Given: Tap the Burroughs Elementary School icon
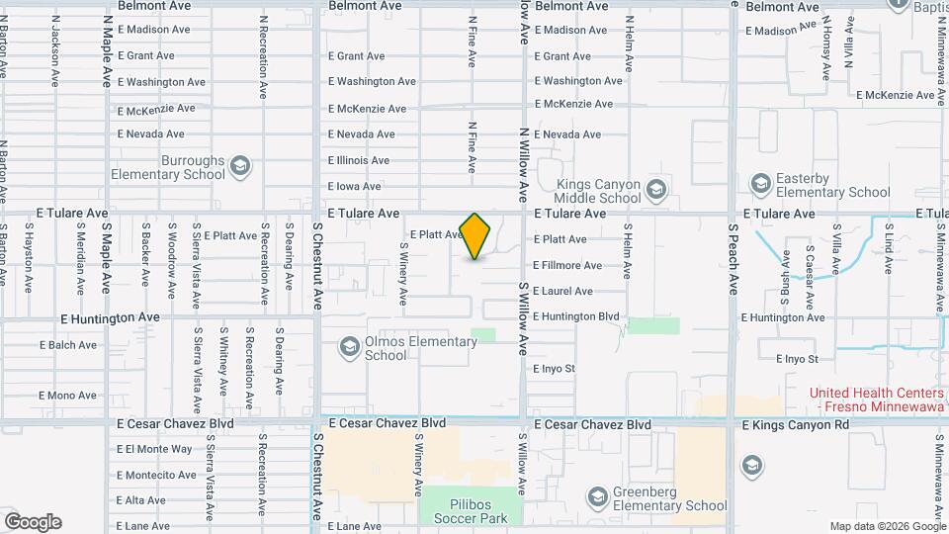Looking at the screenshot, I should (240, 165).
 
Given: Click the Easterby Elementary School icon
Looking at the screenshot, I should (760, 183).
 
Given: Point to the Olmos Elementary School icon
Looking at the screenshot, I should (349, 347).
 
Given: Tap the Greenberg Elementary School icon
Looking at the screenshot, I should (596, 496).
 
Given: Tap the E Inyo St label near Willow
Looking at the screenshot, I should (554, 369).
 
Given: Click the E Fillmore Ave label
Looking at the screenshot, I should (566, 265).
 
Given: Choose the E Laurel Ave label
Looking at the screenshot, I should (562, 291).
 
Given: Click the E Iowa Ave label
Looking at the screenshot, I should (354, 186).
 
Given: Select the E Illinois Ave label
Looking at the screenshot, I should (358, 160).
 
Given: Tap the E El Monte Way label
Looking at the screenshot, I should (154, 449).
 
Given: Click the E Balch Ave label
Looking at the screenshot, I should (68, 345).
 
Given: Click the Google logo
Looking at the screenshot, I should (33, 522).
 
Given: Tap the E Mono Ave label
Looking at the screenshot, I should (68, 396).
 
